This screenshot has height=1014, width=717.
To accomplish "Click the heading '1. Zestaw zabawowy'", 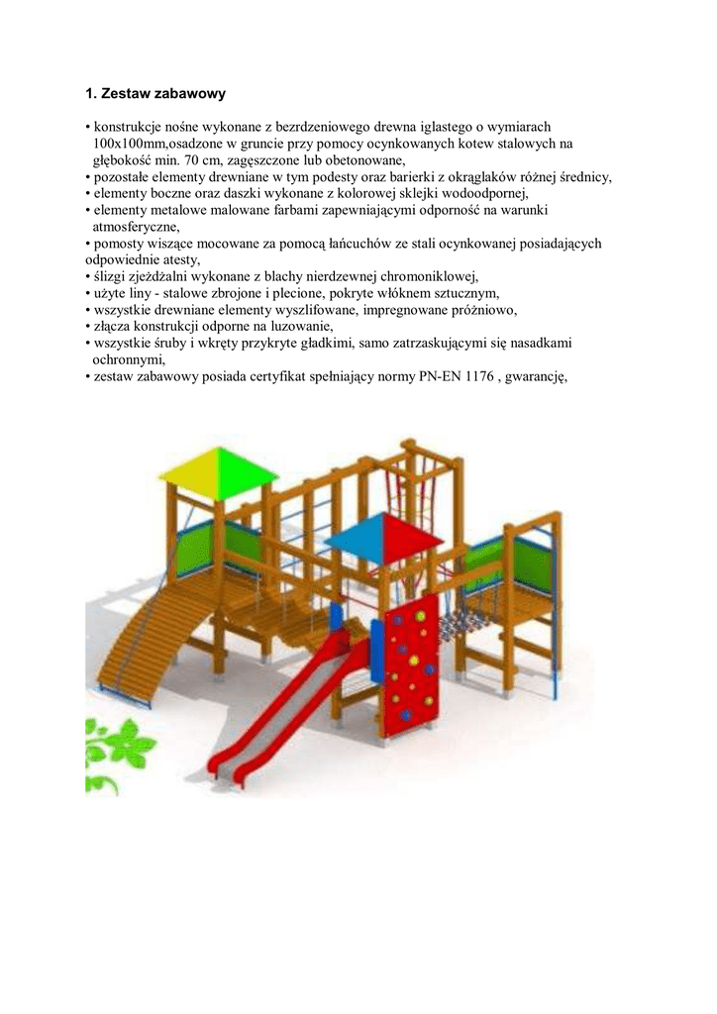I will pos(155,94).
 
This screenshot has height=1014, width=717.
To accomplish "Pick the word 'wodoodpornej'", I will pos(491,193).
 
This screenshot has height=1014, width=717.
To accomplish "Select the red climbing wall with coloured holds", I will pos(409,655).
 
